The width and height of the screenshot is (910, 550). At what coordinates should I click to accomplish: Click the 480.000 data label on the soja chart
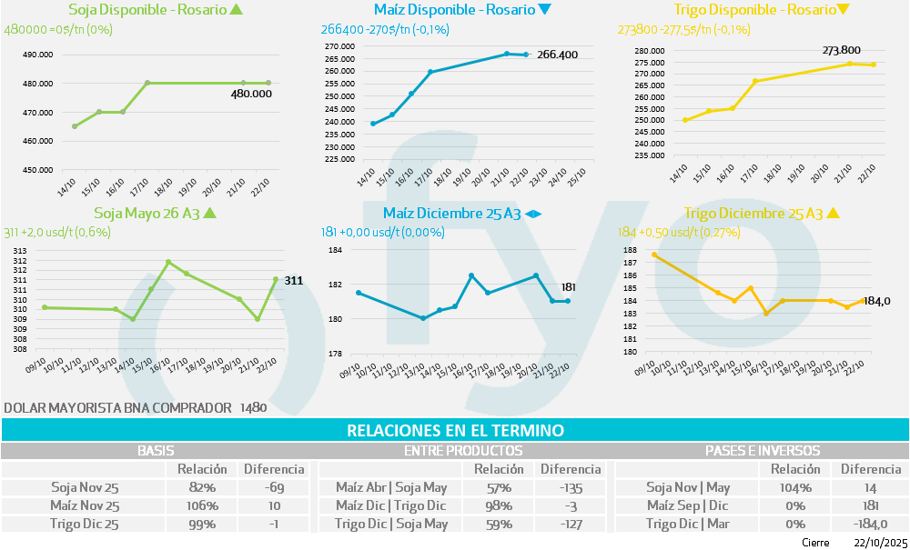pos(251,94)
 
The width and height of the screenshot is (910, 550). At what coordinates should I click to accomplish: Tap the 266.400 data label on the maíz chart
pos(557,55)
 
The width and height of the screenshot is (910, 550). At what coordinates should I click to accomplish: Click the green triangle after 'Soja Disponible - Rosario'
pos(238,11)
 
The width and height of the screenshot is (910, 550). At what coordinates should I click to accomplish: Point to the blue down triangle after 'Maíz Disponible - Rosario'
pos(545,11)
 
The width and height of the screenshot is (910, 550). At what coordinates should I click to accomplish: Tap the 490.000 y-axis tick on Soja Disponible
pos(36,55)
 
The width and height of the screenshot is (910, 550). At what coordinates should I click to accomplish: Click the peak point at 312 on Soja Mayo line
pos(168,262)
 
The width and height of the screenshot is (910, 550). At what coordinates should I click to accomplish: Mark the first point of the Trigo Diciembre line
pos(655,255)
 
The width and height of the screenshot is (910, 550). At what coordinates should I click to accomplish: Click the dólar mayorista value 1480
pos(253,408)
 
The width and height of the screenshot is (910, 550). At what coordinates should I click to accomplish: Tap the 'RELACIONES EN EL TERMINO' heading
pos(455,430)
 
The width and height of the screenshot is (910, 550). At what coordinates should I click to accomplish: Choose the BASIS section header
pos(156,450)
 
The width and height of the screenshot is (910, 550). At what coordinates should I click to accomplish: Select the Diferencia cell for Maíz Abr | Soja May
pos(571,487)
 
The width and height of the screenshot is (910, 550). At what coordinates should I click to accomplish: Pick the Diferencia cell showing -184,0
pos(871,524)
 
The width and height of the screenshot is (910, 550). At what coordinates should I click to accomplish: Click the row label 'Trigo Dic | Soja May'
pos(391,524)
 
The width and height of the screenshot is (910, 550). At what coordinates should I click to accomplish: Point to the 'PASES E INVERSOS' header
pos(763,450)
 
